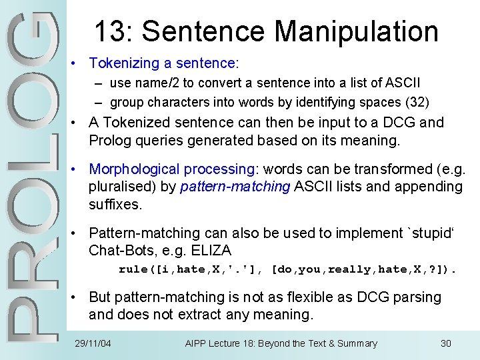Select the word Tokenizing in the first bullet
click(123, 63)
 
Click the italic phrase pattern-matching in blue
click(235, 187)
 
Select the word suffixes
click(115, 204)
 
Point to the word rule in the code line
click(131, 269)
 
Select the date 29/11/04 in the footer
click(93, 343)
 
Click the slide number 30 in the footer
click(446, 343)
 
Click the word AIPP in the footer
click(196, 343)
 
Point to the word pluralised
click(118, 187)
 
